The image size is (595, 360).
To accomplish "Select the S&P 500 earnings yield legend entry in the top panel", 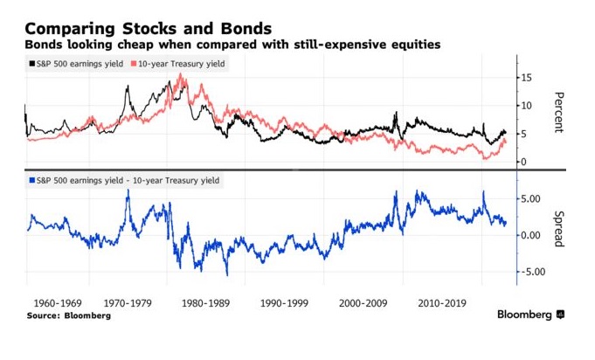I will pos(75,65).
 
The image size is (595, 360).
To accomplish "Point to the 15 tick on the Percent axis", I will pos(528,77).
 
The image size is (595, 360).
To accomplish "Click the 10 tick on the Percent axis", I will pos(528,106).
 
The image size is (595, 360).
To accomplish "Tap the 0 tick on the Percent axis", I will pos(525,162).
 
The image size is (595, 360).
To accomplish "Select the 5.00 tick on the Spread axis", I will pos(534,199).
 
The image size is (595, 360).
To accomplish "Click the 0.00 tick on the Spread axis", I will pos(534,235).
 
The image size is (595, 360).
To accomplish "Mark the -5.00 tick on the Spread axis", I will pos(532,272).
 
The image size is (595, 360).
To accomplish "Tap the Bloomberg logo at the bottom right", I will pos(530,315).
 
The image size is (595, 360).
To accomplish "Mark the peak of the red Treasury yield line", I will pos(181,75).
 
